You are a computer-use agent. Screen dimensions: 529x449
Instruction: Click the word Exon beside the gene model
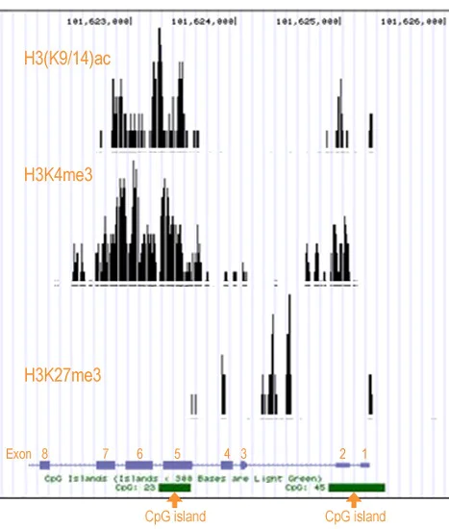(18, 453)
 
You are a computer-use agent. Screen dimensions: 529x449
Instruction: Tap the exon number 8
(44, 452)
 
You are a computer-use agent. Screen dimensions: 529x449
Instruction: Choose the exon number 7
(106, 452)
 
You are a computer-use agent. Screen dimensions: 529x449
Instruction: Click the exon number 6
(139, 453)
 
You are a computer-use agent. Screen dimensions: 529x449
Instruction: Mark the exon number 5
(177, 453)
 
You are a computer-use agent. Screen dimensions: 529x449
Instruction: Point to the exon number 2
(342, 452)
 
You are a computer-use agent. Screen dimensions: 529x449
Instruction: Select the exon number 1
(364, 452)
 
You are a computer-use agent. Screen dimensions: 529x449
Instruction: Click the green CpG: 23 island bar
(175, 488)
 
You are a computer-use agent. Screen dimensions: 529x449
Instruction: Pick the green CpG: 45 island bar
(356, 488)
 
